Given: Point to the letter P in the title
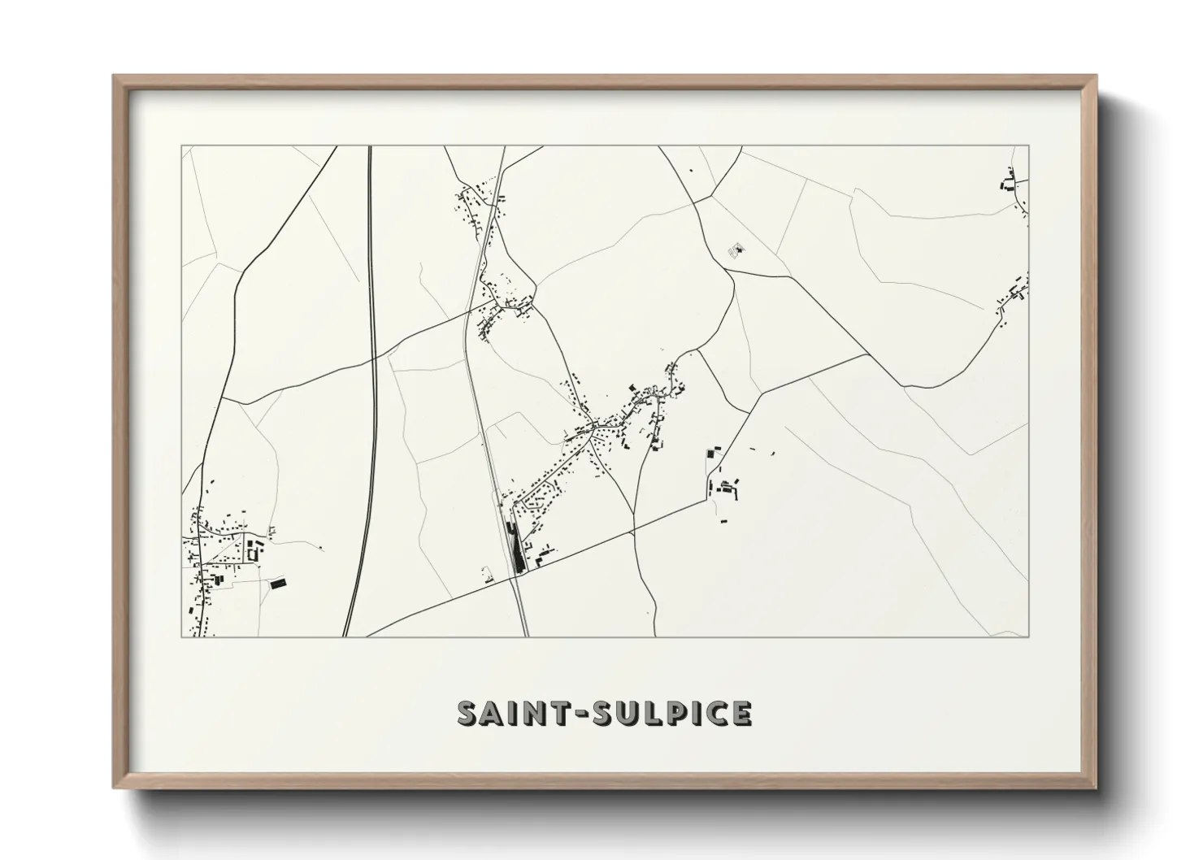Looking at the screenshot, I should click(x=691, y=713).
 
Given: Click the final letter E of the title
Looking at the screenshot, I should click(x=740, y=713).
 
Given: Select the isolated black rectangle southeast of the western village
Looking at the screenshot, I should click(x=278, y=582).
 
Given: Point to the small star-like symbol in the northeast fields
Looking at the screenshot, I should click(x=739, y=249).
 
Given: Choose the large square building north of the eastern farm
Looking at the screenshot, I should click(x=714, y=451).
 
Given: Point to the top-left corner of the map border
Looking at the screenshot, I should click(x=181, y=146).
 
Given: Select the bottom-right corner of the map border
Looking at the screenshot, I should click(x=1028, y=636).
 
